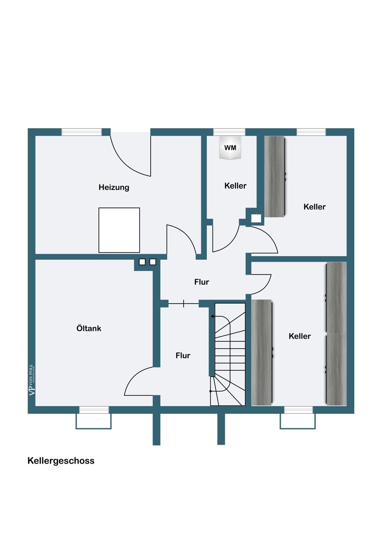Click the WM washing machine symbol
tap(230, 148)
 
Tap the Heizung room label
tap(114, 187)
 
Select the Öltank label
tap(89, 328)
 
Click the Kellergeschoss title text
tap(61, 461)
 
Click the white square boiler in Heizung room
tap(119, 230)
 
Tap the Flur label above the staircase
tap(202, 282)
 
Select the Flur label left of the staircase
tap(183, 356)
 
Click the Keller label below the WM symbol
tap(235, 186)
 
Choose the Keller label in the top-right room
tap(314, 207)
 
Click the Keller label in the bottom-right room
tap(300, 336)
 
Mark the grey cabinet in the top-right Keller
tap(275, 176)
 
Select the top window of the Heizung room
tap(81, 132)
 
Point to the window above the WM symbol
tap(229, 132)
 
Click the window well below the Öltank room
tap(94, 421)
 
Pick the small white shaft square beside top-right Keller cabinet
tap(256, 218)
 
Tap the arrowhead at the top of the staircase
tap(212, 317)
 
